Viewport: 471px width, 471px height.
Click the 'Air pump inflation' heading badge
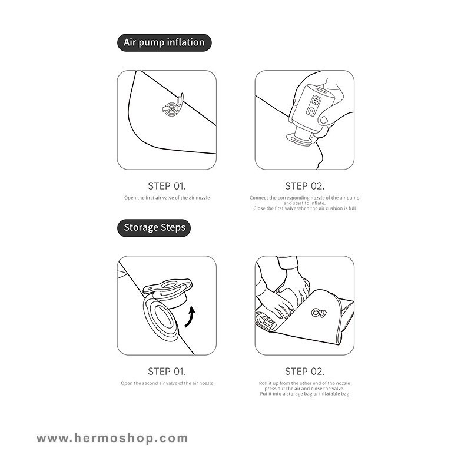(x=164, y=42)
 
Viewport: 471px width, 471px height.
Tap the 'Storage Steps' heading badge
(x=154, y=228)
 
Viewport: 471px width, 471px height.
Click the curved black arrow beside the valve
(x=190, y=318)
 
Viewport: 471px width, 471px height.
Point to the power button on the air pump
(x=311, y=111)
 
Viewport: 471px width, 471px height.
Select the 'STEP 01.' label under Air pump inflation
(x=167, y=186)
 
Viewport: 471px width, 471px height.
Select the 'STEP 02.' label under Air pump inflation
(x=304, y=186)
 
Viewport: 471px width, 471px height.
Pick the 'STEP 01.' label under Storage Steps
(x=167, y=372)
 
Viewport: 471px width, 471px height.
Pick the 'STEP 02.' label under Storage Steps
(x=304, y=372)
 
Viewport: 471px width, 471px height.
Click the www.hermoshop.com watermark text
(x=112, y=438)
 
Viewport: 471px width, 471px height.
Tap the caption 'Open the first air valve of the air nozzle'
(x=167, y=198)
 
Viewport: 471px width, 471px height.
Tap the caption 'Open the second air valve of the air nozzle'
(x=167, y=383)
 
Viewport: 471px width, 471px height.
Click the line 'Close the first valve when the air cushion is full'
(x=304, y=208)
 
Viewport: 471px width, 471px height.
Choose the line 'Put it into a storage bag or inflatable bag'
(x=304, y=393)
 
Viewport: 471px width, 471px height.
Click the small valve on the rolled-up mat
(x=319, y=313)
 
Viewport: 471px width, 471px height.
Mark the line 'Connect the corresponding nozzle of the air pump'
(x=304, y=198)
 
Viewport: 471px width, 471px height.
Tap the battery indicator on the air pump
(x=316, y=99)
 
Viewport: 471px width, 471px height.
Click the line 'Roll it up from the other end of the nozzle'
(x=304, y=383)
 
